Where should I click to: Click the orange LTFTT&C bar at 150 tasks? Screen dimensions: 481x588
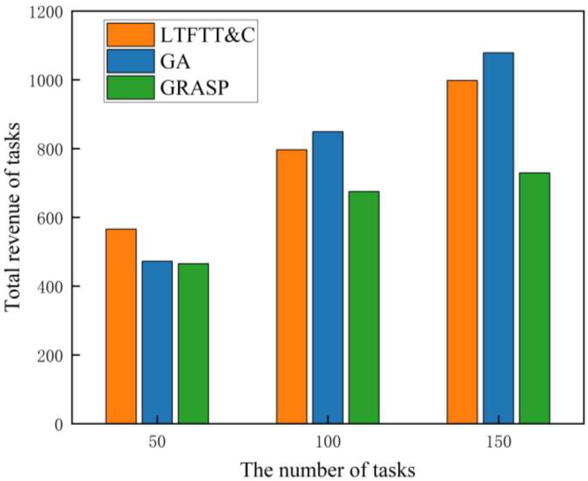tap(462, 252)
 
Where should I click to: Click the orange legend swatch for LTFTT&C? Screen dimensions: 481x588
tap(130, 35)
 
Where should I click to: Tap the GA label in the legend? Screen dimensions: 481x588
tap(175, 62)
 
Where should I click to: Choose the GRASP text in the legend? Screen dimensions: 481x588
tap(194, 88)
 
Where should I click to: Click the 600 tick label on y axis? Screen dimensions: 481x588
tap(50, 218)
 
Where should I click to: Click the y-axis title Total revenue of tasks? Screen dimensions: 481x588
tap(12, 217)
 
